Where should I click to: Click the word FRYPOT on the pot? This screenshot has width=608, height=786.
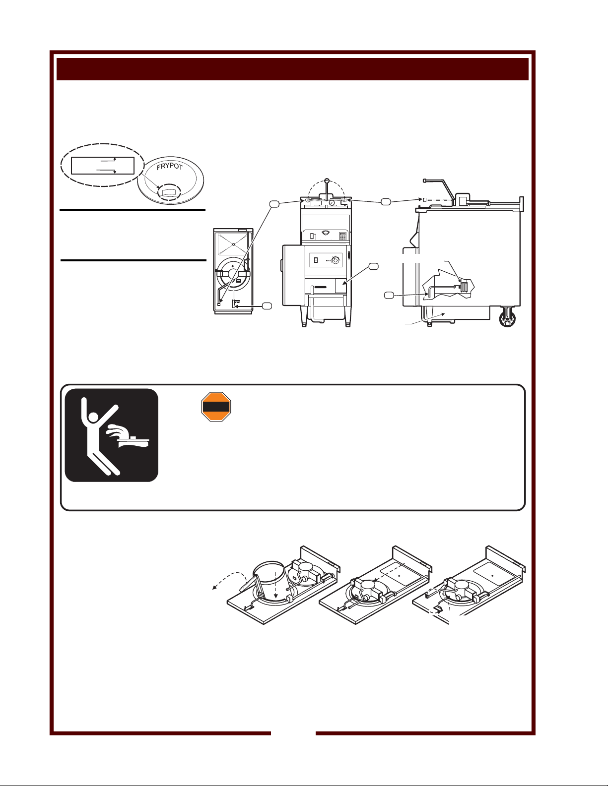(x=169, y=166)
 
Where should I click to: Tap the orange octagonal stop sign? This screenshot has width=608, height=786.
(x=216, y=407)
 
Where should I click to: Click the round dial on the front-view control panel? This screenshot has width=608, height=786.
(x=336, y=260)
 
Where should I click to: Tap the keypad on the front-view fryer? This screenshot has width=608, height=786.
(x=342, y=237)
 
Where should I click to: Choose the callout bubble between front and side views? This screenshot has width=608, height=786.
(x=385, y=201)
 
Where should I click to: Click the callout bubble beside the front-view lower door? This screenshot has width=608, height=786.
(x=373, y=267)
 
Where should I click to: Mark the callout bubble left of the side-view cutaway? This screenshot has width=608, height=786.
(x=389, y=296)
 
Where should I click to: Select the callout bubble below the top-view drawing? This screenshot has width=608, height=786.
(x=267, y=306)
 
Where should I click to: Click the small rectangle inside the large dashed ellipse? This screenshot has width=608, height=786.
(x=102, y=165)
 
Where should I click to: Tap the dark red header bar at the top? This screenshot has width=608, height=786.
(x=292, y=69)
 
